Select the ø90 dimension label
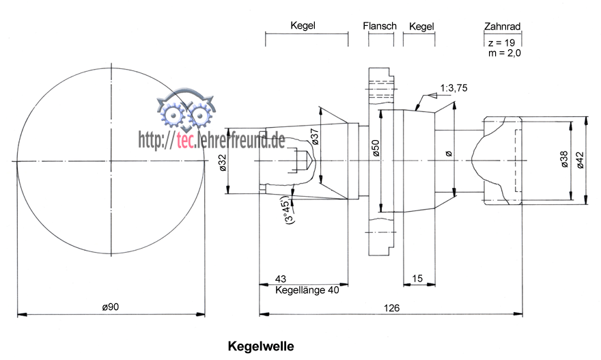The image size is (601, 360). [x=111, y=307]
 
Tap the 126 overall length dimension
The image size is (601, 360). [x=391, y=307]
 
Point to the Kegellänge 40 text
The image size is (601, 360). [x=307, y=290]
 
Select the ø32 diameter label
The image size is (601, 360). [x=222, y=163]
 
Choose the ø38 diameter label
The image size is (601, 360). [x=564, y=158]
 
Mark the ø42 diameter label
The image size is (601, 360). [x=581, y=158]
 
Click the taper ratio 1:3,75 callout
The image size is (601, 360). [x=453, y=88]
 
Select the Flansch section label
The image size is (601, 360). [x=380, y=27]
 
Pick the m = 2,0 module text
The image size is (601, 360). [x=504, y=53]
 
